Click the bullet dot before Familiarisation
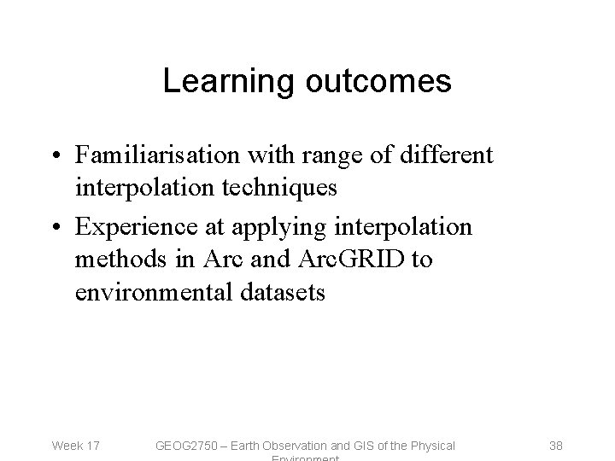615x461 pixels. tap(57, 157)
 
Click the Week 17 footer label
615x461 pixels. tap(75, 446)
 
